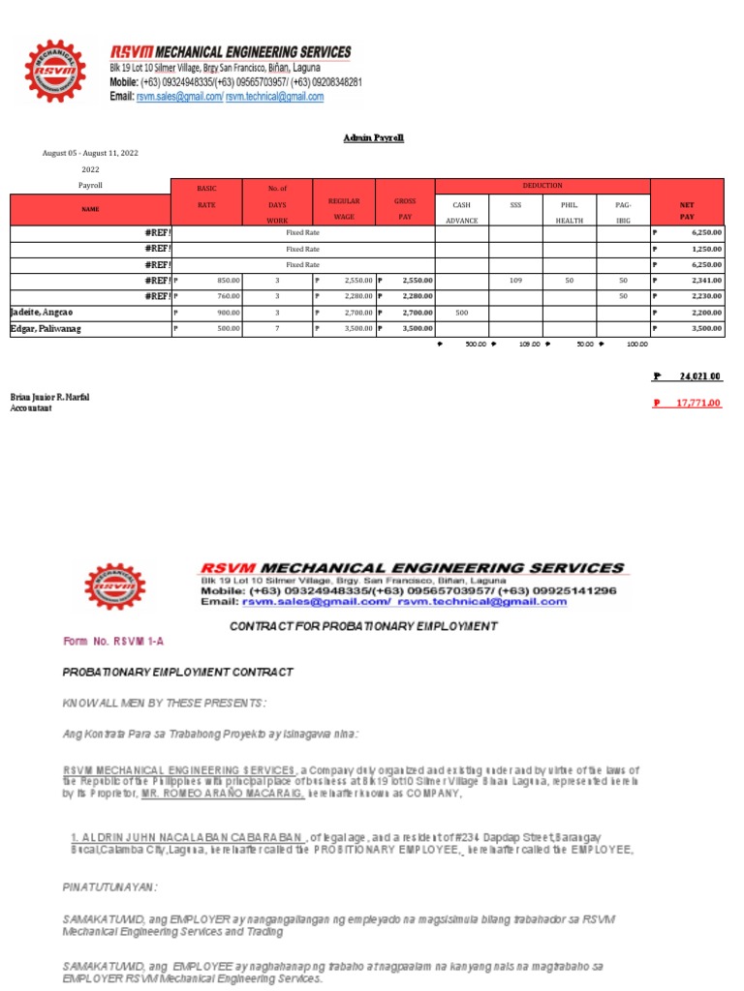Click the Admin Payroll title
point(373,138)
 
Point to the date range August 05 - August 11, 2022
point(90,153)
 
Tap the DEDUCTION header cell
point(542,185)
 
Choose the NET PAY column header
point(687,211)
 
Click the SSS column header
point(515,204)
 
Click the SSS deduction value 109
point(515,281)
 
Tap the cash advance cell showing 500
point(461,313)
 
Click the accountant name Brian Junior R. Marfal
point(49,398)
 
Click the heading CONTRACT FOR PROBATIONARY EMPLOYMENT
point(363,626)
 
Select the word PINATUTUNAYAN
point(109,886)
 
